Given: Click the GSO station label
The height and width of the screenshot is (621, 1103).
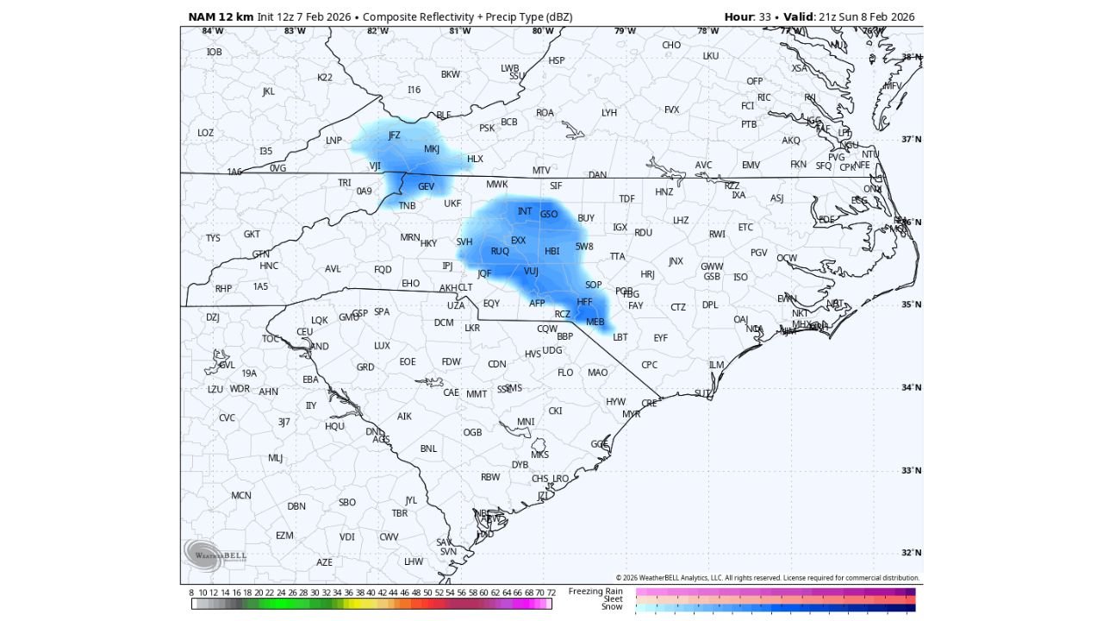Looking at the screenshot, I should point(549,214).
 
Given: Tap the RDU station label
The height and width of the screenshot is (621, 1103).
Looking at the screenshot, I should point(643,232).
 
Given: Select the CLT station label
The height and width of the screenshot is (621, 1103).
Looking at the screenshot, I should point(465,287).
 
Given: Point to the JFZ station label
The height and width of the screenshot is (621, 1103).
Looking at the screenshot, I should point(395,135).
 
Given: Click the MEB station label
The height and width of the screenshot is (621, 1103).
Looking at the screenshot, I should point(595,322).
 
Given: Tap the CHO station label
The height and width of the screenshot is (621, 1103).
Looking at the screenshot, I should point(671,45).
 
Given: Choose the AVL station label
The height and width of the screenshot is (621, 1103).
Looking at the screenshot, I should point(333,268).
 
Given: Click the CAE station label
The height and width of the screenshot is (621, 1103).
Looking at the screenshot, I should point(451,392).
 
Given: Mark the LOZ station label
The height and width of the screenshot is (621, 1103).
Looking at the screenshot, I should point(205,133).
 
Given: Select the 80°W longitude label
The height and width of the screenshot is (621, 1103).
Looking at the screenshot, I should point(543,31).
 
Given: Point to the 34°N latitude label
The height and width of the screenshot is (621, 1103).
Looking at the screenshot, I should point(911,387).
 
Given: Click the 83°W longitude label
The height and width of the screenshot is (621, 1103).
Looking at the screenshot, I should point(295,31).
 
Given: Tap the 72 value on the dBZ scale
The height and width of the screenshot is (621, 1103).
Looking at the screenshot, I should point(551,593).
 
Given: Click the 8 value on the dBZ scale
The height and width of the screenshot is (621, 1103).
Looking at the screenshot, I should point(191,593).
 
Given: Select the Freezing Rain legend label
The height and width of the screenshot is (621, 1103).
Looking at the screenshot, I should point(595,591).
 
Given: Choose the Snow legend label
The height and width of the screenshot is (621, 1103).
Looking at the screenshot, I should point(612,606).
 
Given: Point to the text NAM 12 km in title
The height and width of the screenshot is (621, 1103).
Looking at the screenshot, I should point(221,17).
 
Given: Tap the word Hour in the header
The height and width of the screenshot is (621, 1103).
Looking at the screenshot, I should point(738,17).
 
